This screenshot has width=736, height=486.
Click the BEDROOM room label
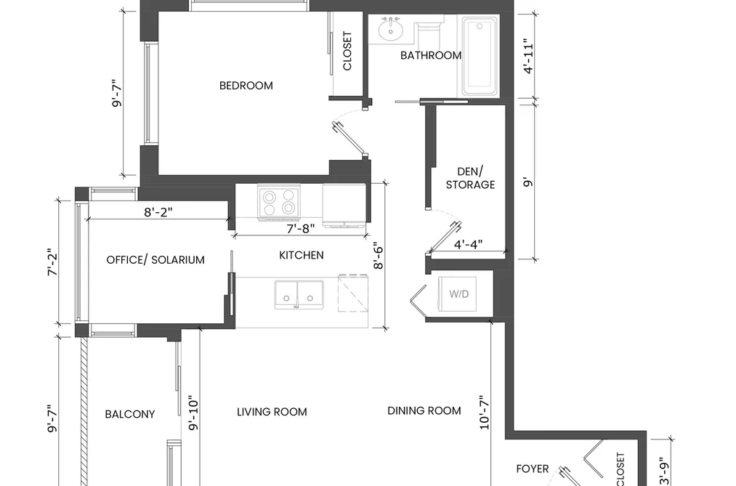[x=246, y=86]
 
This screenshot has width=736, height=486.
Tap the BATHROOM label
[x=431, y=55]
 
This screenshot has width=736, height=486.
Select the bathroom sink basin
[x=390, y=29]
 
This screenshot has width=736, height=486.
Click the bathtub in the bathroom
[x=480, y=57]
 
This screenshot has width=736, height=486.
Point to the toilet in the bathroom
[x=428, y=31]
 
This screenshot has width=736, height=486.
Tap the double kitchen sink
[x=299, y=295]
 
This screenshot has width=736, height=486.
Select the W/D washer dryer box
[x=458, y=293]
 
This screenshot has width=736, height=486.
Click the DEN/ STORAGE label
[x=470, y=178]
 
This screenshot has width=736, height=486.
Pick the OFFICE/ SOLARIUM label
[x=155, y=260]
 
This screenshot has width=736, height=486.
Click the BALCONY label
[x=130, y=414]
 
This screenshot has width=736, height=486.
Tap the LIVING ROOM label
[x=272, y=412]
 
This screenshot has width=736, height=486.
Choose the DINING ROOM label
[x=424, y=411]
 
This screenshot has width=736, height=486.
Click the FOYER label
[x=533, y=469]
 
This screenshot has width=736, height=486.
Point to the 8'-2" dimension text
[x=158, y=212]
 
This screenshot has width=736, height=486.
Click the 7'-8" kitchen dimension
[x=300, y=228]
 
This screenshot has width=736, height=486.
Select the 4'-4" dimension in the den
[x=468, y=244]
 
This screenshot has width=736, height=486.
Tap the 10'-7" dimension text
[x=485, y=413]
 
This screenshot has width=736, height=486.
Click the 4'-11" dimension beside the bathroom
[x=528, y=56]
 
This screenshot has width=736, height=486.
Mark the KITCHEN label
[x=302, y=255]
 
